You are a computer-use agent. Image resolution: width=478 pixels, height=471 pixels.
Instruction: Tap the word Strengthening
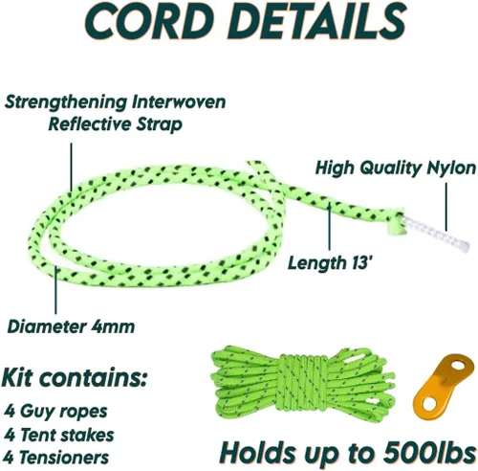pos(66,103)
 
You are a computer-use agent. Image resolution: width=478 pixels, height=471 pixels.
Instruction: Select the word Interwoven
pos(180,102)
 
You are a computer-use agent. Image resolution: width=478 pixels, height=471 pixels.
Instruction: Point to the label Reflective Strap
pos(115,123)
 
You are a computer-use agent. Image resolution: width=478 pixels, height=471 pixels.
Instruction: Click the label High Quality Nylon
pos(396,168)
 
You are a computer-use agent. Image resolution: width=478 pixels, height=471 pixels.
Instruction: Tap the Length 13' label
pos(330,263)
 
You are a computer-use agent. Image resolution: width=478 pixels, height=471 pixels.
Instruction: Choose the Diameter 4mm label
pos(71,326)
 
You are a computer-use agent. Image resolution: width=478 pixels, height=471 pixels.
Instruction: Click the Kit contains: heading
pos(75,378)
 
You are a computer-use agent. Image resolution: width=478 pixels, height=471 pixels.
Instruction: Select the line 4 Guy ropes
pos(55,412)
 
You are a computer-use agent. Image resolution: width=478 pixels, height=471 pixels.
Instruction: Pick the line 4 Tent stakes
pos(59,435)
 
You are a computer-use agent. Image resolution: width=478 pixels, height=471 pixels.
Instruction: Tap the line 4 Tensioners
pos(56,457)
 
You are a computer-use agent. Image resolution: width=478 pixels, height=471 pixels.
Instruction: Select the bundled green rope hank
pos(302,383)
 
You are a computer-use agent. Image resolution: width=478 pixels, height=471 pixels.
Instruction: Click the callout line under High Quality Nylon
pos(446,207)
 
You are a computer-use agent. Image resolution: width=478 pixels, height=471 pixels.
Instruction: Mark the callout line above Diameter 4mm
pos(55,291)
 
